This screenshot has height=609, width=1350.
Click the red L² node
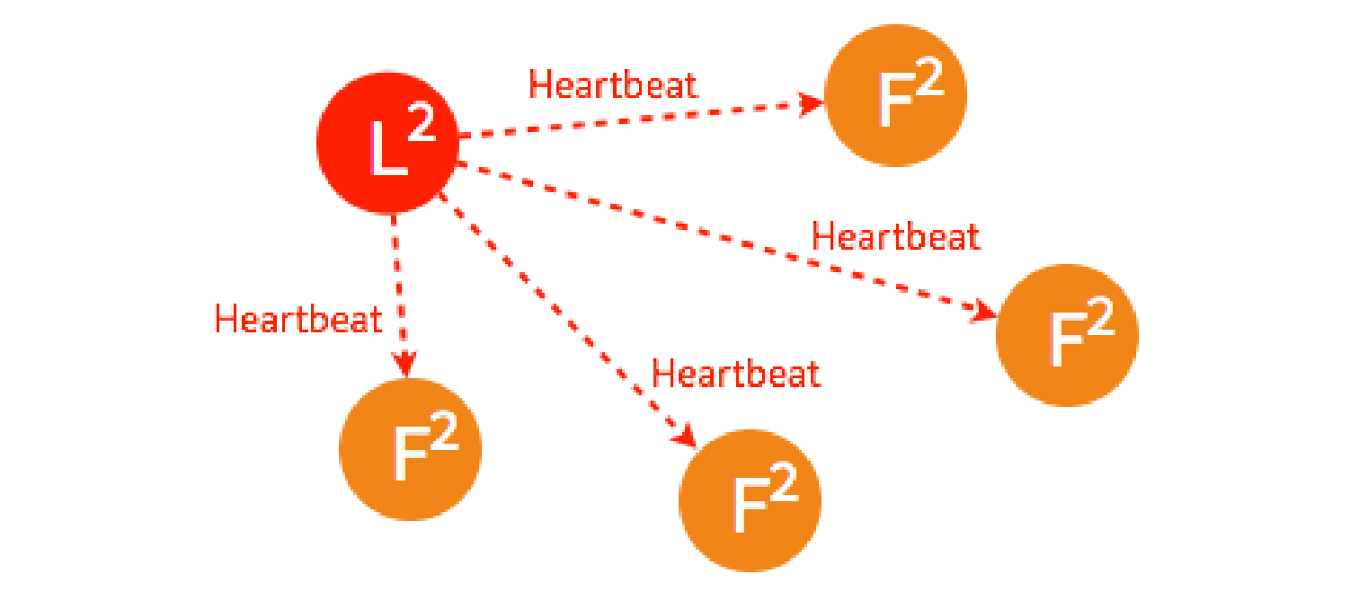(x=387, y=144)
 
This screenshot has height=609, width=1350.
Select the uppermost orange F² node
(x=895, y=95)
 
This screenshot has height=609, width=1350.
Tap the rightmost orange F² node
(x=1067, y=335)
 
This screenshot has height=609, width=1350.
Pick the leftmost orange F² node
(x=411, y=449)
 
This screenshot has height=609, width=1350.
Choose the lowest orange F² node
(x=750, y=500)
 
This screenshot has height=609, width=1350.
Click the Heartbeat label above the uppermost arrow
(x=613, y=85)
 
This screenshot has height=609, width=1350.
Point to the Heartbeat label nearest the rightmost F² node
(x=895, y=237)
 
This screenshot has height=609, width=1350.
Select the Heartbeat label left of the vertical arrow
(x=298, y=319)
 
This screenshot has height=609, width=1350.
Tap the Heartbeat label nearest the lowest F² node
(x=736, y=374)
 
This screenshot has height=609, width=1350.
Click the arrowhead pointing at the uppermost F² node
(x=813, y=103)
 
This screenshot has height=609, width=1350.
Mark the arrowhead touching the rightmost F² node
(x=986, y=312)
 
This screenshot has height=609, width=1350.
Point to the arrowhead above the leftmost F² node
(x=405, y=364)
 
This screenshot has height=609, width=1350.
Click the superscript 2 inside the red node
(x=420, y=128)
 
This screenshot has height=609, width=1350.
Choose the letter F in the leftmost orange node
(x=409, y=456)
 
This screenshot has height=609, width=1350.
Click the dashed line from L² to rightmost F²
(x=719, y=236)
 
